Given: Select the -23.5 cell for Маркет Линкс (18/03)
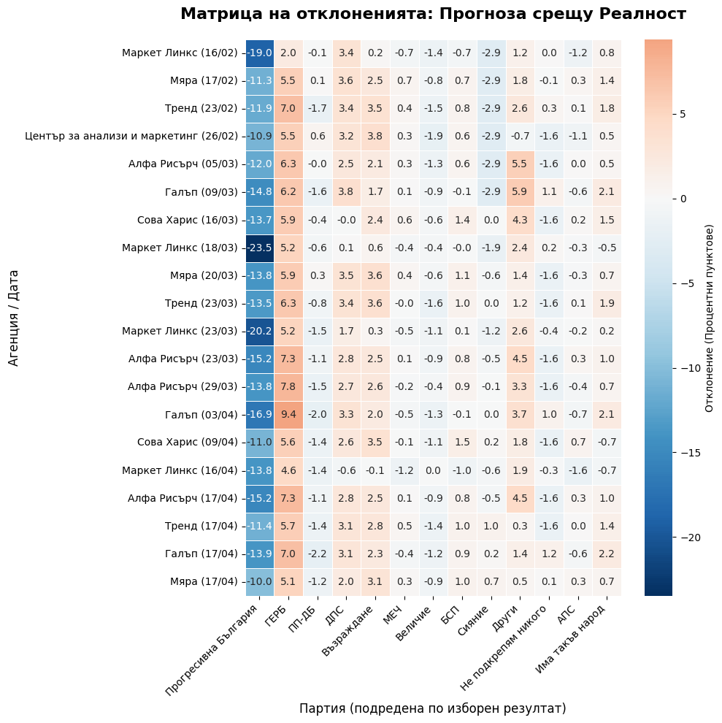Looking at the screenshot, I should [x=260, y=248].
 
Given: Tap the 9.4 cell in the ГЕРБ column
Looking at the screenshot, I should [x=288, y=415].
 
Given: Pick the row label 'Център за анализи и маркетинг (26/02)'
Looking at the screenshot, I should [x=131, y=136].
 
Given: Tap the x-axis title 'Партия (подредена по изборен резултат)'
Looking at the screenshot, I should [x=432, y=708].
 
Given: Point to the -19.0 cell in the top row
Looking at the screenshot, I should [x=260, y=53].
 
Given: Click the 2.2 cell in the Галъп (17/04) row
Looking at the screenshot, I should [x=607, y=554].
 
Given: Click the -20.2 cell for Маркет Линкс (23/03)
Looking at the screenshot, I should [x=260, y=331].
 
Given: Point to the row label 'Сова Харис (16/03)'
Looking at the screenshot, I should [x=188, y=220].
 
